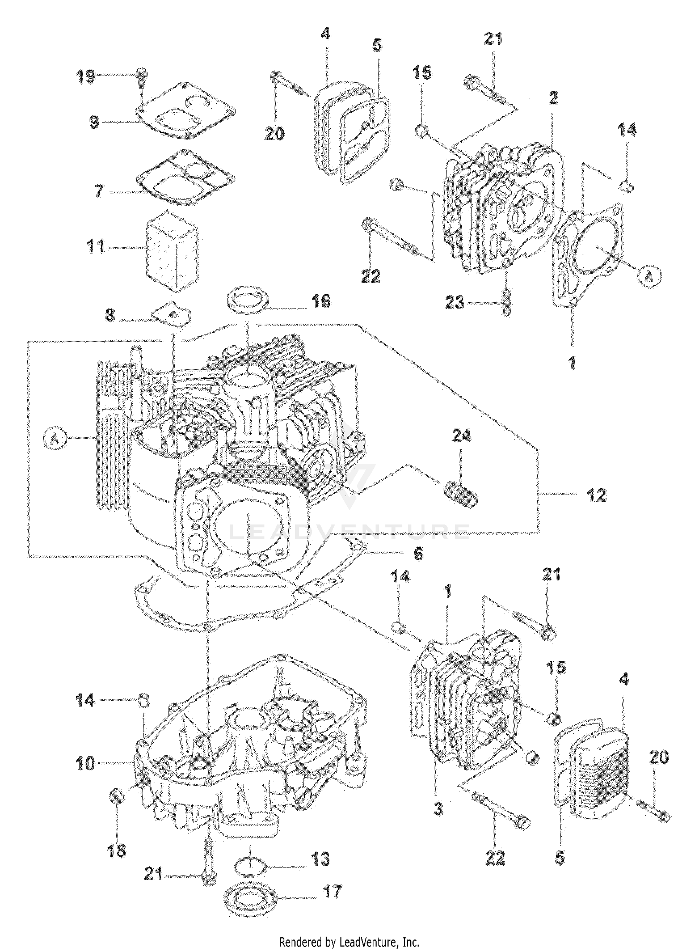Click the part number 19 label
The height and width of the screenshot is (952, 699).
(86, 77)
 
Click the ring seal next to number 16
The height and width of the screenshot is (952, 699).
(247, 298)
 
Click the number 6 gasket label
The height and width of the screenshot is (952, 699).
(418, 553)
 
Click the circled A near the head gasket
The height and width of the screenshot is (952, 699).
(650, 276)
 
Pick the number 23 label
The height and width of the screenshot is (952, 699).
(454, 303)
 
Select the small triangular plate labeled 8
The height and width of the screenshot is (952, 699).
(171, 313)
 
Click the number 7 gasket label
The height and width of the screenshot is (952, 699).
(100, 191)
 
